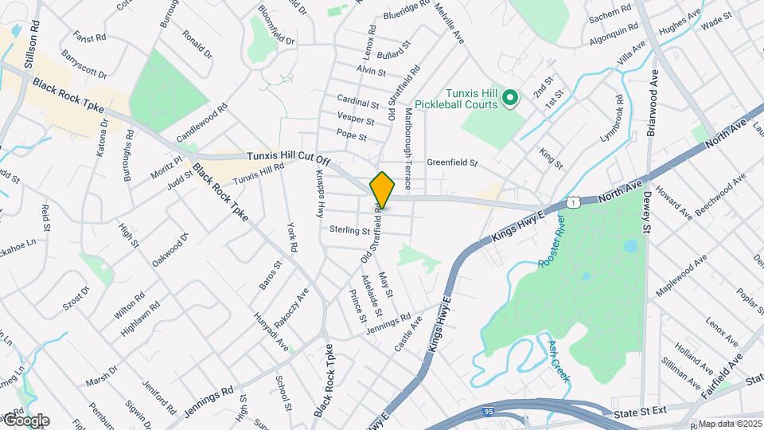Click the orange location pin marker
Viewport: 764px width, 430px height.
pyautogui.click(x=382, y=190)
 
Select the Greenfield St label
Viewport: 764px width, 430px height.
pyautogui.click(x=451, y=163)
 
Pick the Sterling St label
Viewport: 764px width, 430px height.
pyautogui.click(x=350, y=230)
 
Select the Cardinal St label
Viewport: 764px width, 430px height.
pyautogui.click(x=358, y=104)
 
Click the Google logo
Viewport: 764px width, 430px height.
pyautogui.click(x=25, y=420)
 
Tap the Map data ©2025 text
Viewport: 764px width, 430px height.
pyautogui.click(x=729, y=424)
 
